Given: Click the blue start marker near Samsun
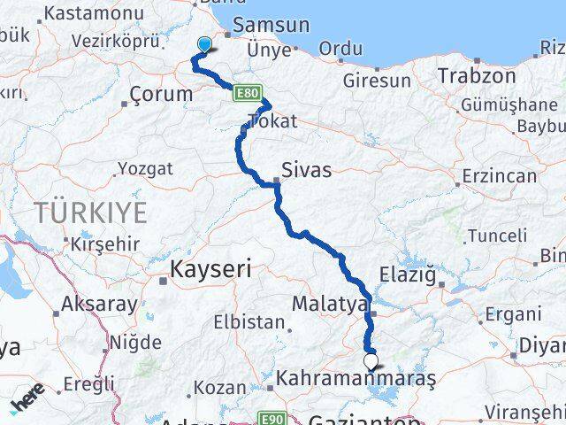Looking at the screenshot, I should (x=205, y=45).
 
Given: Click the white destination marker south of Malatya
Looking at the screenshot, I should (x=371, y=360).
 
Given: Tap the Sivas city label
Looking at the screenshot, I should (x=307, y=170).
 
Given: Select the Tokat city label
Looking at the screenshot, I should (x=273, y=122).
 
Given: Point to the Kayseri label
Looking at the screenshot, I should (x=211, y=267).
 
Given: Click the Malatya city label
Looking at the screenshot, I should (x=330, y=305).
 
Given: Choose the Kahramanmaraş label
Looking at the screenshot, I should (x=356, y=378).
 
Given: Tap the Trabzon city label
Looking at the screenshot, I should (x=477, y=76).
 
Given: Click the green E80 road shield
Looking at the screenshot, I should (x=246, y=91).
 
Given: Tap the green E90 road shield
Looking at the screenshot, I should (x=272, y=418).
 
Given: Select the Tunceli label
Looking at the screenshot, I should (x=496, y=236).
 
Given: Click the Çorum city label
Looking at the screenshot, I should (x=160, y=94).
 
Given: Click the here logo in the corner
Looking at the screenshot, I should (x=28, y=403).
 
